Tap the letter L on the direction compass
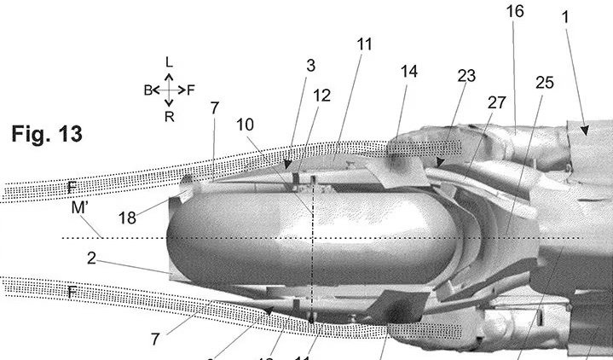[169, 61]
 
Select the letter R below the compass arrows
[170, 116]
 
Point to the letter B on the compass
[147, 89]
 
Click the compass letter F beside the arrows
[191, 89]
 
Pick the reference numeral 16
[514, 11]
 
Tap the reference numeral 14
[409, 72]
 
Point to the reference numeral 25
[544, 83]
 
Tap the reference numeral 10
[245, 125]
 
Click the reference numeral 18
[127, 218]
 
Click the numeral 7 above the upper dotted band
[215, 108]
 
